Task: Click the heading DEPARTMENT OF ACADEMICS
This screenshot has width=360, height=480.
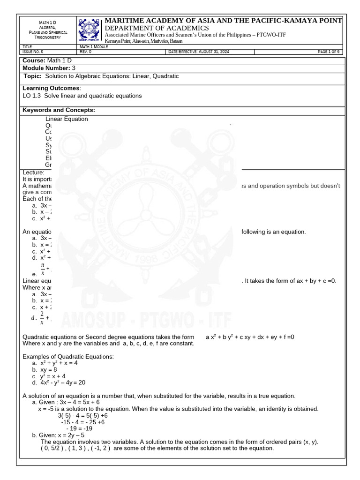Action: click(x=157, y=28)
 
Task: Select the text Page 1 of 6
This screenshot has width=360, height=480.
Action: click(x=328, y=52)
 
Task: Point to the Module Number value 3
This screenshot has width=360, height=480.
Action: click(x=74, y=68)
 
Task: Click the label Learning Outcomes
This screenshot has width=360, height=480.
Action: click(x=52, y=88)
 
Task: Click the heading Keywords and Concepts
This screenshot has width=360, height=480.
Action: click(x=59, y=110)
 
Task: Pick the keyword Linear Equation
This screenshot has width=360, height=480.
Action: click(x=67, y=119)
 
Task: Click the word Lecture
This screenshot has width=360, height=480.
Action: click(x=33, y=172)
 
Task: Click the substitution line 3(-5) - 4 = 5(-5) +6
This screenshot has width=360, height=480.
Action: click(x=82, y=415)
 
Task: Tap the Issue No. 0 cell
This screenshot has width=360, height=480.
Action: click(x=33, y=52)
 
